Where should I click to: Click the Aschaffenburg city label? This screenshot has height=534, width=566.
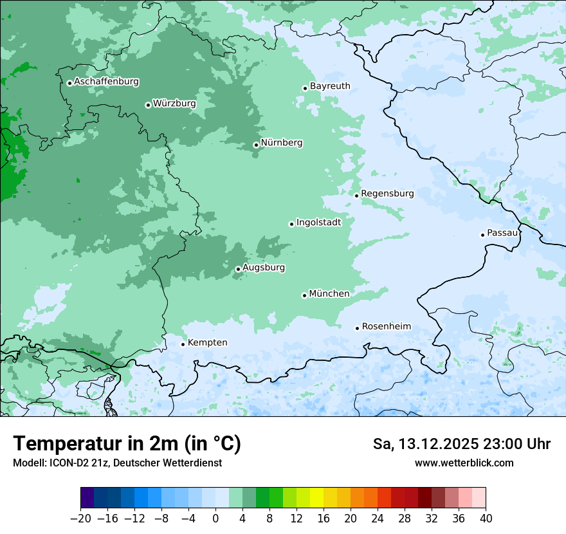click(106, 82)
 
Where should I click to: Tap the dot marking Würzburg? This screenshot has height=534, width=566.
click(148, 105)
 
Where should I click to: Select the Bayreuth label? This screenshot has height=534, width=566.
click(330, 86)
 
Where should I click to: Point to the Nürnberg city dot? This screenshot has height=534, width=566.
click(256, 145)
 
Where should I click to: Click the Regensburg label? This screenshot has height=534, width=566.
click(387, 193)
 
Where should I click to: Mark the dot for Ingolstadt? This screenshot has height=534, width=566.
click(291, 224)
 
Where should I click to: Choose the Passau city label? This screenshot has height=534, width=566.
click(502, 233)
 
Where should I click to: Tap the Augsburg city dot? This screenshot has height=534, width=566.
click(238, 269)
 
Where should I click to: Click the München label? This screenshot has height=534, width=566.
click(329, 293)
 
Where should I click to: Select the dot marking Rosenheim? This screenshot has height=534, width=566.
click(357, 328)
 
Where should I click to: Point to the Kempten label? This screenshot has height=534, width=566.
click(207, 342)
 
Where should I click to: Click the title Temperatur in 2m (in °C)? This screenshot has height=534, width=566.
click(127, 443)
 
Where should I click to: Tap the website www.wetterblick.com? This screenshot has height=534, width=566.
click(464, 463)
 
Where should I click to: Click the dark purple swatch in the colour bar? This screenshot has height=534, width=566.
click(87, 498)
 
